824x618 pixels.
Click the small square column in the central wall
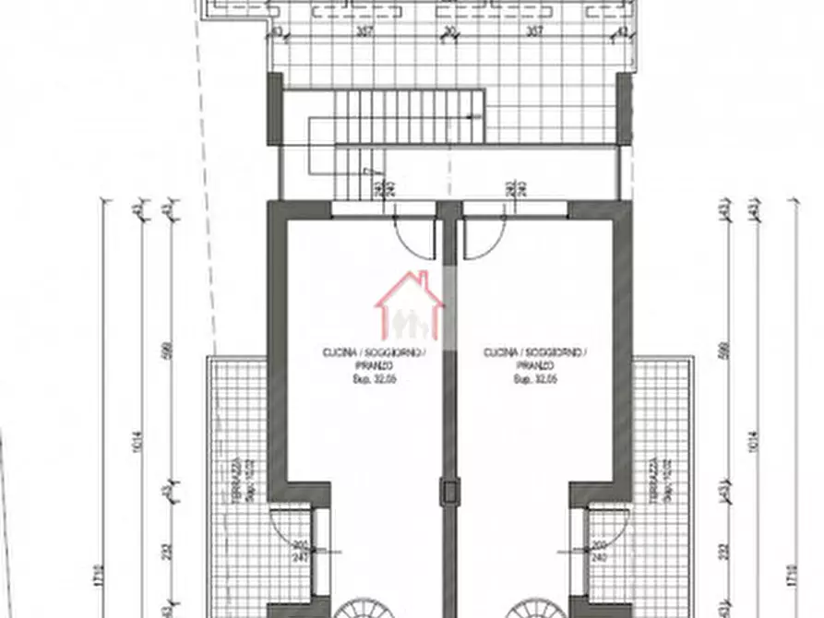(449, 491)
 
